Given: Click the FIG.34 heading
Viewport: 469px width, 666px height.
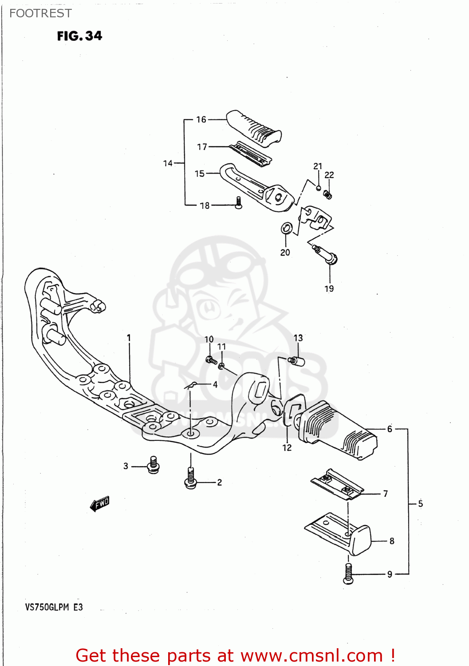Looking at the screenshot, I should (x=79, y=36).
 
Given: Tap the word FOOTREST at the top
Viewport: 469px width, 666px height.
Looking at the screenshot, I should (x=40, y=13).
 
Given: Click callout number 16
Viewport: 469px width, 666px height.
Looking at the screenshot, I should (x=201, y=119).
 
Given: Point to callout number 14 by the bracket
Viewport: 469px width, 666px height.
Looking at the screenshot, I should (x=168, y=163).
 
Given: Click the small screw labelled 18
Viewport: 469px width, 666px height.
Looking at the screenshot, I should (x=238, y=203).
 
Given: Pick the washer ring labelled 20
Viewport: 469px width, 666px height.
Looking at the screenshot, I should (x=287, y=229).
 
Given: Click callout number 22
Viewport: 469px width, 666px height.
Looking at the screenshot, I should (x=329, y=175).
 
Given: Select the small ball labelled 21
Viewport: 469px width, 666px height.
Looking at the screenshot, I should (x=318, y=188).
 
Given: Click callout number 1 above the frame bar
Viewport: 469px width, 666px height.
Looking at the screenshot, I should (x=129, y=338).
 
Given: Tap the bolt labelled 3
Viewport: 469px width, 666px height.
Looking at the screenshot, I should (x=154, y=465).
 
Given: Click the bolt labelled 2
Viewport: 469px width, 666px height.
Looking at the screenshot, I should (x=191, y=479).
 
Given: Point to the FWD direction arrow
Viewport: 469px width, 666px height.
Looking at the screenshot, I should (x=100, y=503).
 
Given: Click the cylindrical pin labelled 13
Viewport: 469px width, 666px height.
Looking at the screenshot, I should (x=297, y=361).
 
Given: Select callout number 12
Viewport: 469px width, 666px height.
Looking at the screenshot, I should (x=287, y=448).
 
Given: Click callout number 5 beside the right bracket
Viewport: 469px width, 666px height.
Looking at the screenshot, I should (x=420, y=503).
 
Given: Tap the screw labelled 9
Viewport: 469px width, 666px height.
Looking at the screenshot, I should (x=348, y=574).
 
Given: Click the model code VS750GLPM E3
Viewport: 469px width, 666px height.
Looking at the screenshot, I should (x=54, y=607).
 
